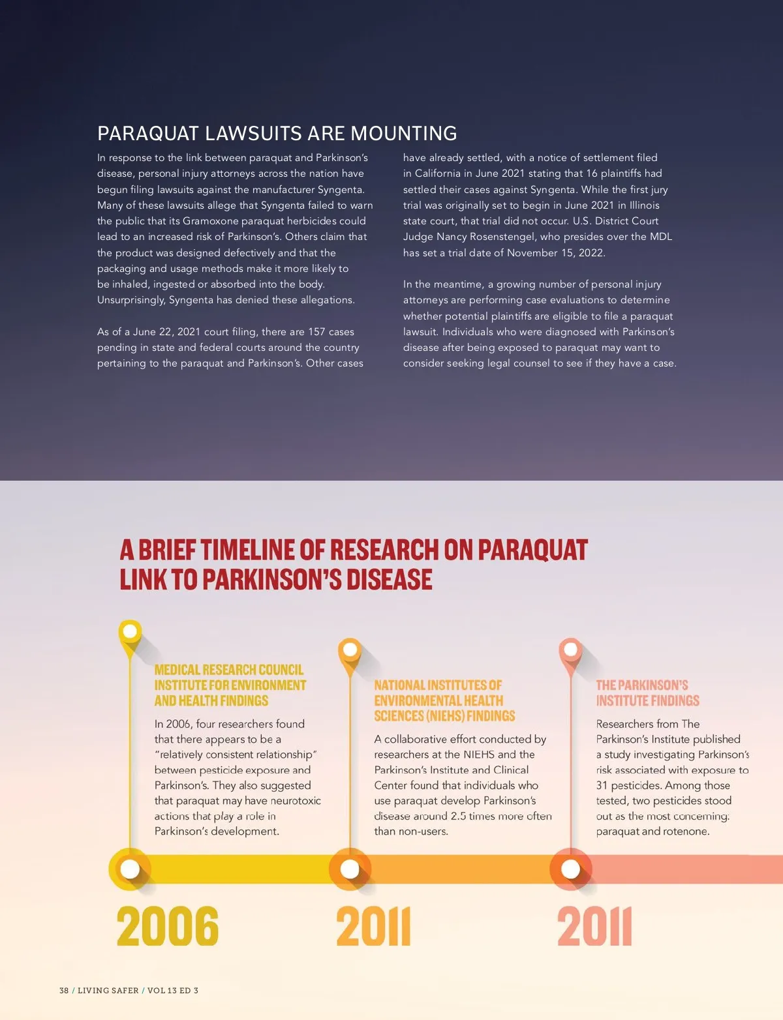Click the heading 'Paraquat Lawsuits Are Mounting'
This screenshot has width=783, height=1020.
[x=277, y=134]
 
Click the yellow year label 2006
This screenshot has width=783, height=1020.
[x=168, y=926]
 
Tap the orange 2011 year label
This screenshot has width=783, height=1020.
[x=373, y=926]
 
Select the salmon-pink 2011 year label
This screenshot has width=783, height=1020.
[x=594, y=926]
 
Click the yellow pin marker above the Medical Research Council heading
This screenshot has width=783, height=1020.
[x=130, y=632]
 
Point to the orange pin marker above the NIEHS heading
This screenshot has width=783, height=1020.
[x=350, y=650]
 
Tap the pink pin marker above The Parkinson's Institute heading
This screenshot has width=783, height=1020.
[x=571, y=650]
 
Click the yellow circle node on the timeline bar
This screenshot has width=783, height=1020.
[x=130, y=869]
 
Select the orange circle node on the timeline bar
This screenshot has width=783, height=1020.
[x=350, y=869]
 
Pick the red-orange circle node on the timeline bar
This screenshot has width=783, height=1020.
[x=571, y=869]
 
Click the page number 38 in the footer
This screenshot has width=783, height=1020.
[x=64, y=990]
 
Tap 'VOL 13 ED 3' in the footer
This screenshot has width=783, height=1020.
[x=173, y=990]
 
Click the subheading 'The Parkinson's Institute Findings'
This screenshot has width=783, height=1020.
[x=647, y=693]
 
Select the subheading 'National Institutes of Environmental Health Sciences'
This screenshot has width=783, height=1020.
[x=444, y=700]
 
